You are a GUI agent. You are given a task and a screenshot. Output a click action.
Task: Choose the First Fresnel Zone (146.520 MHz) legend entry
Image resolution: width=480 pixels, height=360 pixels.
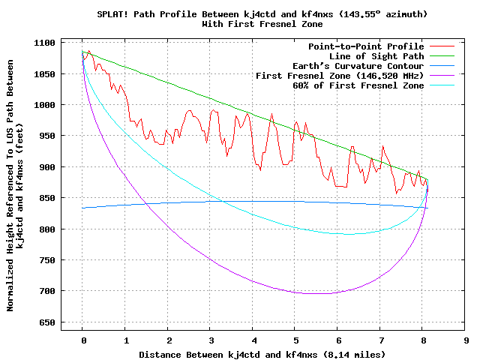click(x=340, y=76)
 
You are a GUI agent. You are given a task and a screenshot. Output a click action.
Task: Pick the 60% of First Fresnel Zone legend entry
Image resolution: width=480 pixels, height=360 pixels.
click(x=358, y=85)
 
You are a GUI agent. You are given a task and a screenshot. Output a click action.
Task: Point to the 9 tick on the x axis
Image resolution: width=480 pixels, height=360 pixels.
click(x=466, y=340)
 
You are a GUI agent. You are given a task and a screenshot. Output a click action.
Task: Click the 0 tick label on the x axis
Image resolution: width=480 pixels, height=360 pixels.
click(x=83, y=340)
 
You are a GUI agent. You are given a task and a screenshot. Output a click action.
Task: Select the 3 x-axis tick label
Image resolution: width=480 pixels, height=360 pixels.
click(x=211, y=340)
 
